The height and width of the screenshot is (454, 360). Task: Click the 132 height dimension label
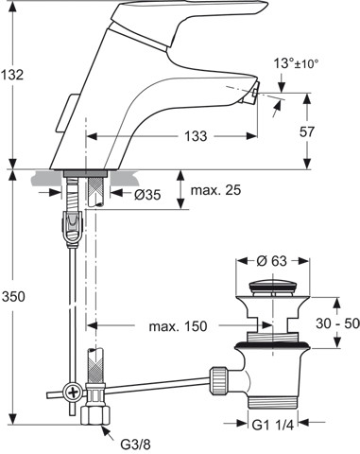click(12, 75)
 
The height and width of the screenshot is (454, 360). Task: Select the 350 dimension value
click(12, 296)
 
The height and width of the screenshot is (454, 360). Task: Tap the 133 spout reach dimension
click(196, 136)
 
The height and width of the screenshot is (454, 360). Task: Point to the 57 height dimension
click(307, 131)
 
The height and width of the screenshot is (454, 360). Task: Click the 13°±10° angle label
click(296, 63)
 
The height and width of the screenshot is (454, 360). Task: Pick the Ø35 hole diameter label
click(147, 195)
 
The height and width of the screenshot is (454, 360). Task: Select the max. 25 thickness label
click(216, 190)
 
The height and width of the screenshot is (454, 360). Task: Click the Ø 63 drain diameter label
click(271, 261)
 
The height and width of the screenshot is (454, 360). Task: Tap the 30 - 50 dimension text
click(337, 323)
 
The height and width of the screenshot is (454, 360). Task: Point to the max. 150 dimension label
click(178, 326)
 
